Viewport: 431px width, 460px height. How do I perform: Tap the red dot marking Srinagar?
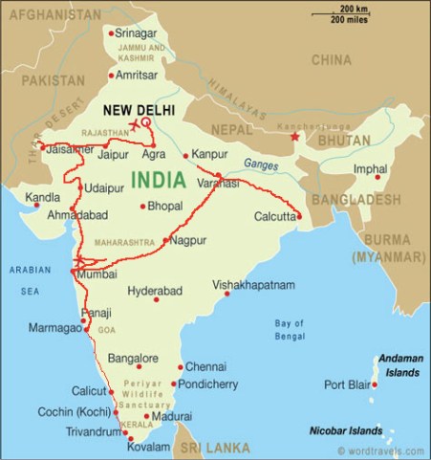[112, 33]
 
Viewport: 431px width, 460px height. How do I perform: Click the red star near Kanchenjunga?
[295, 138]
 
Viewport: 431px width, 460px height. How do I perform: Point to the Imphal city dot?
[377, 177]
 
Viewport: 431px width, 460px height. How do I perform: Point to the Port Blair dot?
[374, 385]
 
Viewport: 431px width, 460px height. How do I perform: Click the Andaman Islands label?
[399, 363]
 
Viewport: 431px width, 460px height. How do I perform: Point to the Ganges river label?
[259, 164]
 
